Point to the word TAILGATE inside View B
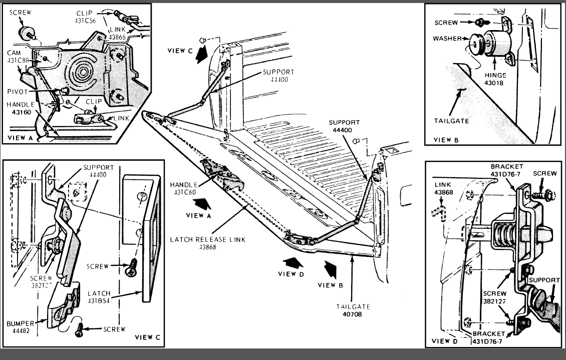point(452,120)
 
